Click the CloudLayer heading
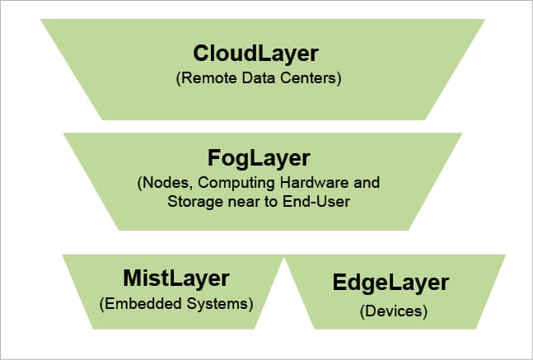(255, 54)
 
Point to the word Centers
(311, 80)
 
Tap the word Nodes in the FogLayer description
(161, 182)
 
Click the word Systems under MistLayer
(217, 304)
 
